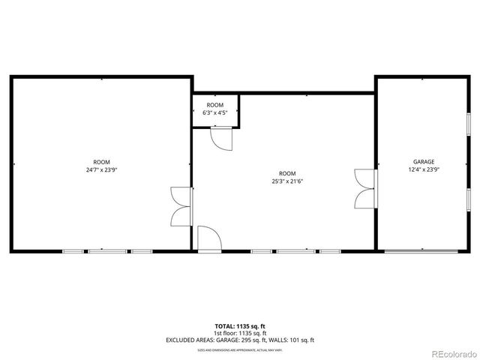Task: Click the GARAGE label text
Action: tap(423, 162)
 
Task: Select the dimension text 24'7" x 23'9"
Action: tap(101, 169)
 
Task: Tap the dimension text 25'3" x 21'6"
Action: tap(287, 181)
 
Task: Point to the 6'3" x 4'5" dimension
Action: tap(215, 112)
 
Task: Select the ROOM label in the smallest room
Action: tap(215, 105)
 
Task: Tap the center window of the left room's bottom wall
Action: tap(107, 250)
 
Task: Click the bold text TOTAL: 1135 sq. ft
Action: tap(240, 326)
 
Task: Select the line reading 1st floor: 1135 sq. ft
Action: tap(240, 333)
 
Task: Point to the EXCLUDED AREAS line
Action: tap(240, 340)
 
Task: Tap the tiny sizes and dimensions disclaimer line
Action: tap(240, 349)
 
